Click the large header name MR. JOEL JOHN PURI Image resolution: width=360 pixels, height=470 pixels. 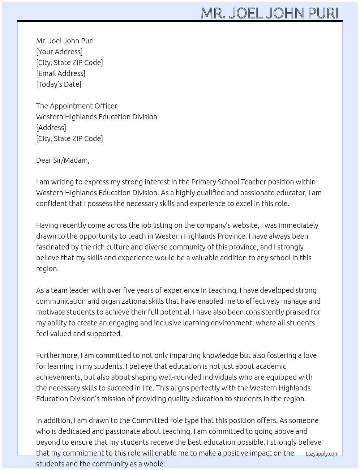pyautogui.click(x=269, y=13)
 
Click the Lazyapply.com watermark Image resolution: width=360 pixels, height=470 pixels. pyautogui.click(x=322, y=454)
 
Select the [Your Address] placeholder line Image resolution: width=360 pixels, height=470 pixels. pyautogui.click(x=59, y=52)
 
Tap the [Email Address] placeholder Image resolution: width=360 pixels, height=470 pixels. pyautogui.click(x=61, y=73)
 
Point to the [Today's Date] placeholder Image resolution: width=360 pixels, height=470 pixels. pyautogui.click(x=59, y=84)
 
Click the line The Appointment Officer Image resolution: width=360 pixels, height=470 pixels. pyautogui.click(x=77, y=106)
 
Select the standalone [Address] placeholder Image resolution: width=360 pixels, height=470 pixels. pyautogui.click(x=51, y=128)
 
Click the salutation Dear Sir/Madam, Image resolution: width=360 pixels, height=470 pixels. pyautogui.click(x=63, y=160)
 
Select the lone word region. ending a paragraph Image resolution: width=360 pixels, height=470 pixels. pyautogui.click(x=47, y=269)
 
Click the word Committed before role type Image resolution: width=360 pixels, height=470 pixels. pyautogui.click(x=150, y=420)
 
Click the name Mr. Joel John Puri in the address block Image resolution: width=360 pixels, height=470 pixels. pyautogui.click(x=65, y=41)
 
